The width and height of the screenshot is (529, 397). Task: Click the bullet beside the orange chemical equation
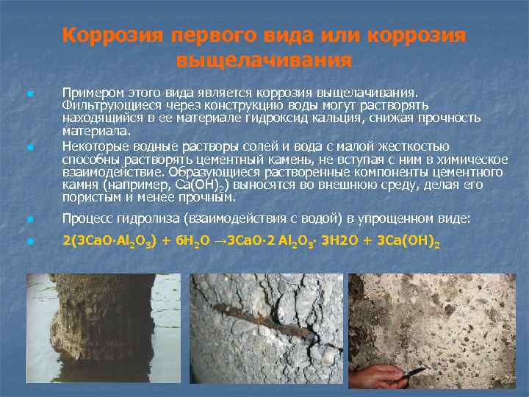click(29, 242)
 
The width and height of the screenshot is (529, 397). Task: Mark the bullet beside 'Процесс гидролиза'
click(29, 220)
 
